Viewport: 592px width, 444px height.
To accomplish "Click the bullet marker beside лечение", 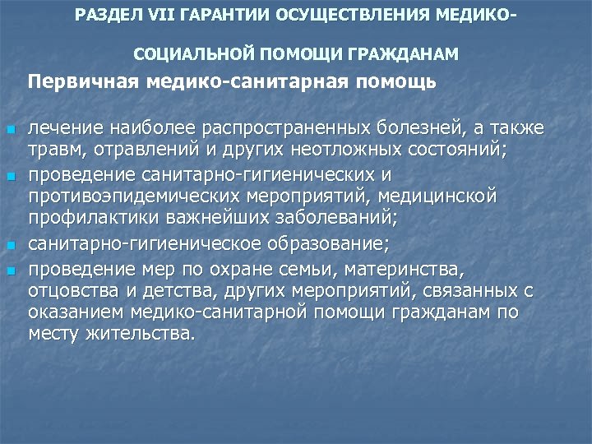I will pyautogui.click(x=9, y=131).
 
